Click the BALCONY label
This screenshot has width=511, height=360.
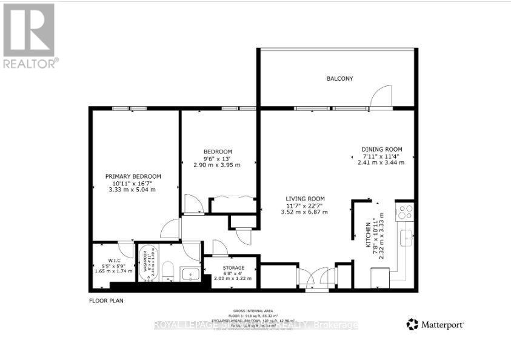click(x=339, y=79)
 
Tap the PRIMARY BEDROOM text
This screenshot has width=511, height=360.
click(x=129, y=176)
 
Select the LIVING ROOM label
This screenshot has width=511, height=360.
click(x=306, y=199)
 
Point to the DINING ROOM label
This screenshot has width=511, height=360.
click(x=382, y=150)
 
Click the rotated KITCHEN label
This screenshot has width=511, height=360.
click(x=367, y=233)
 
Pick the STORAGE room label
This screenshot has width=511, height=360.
click(x=233, y=268)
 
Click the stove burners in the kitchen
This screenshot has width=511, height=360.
click(x=404, y=212)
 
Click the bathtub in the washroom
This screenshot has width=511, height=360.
click(x=148, y=265)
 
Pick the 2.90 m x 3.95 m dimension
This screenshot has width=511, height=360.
click(x=217, y=165)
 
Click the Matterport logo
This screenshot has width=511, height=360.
click(x=435, y=324)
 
